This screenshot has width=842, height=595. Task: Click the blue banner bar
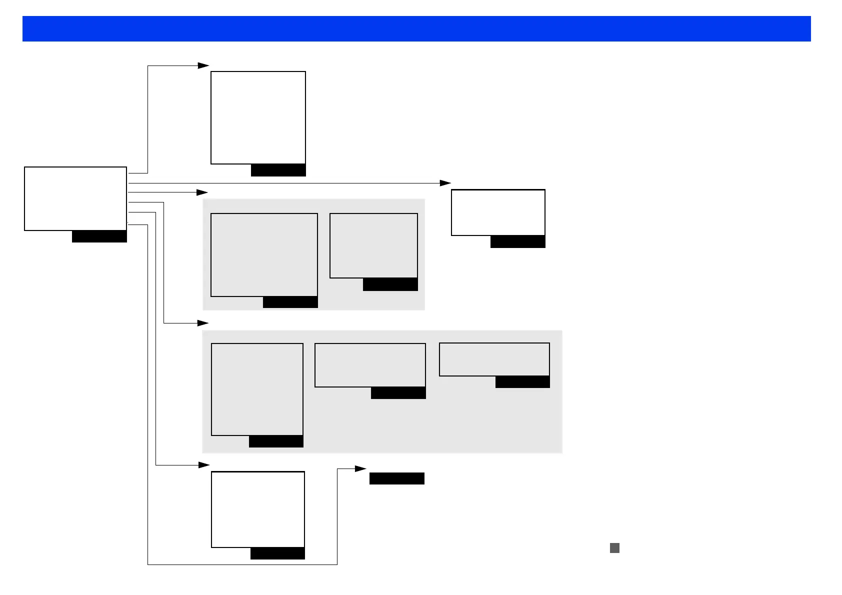[x=416, y=28]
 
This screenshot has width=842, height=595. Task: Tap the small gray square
[x=614, y=548]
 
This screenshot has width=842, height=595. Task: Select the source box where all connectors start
[x=75, y=198]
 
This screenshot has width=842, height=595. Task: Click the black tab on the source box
[x=99, y=236]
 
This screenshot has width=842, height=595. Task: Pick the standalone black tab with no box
[x=396, y=478]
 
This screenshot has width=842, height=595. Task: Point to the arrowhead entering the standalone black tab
[x=361, y=468]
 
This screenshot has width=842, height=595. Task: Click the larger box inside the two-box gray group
[x=264, y=254]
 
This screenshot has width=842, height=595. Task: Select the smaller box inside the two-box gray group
[x=373, y=245]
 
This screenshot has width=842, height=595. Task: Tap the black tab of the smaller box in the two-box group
[x=390, y=284]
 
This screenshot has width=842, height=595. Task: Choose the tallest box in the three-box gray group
[x=257, y=389]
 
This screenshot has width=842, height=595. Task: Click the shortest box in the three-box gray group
[x=494, y=359]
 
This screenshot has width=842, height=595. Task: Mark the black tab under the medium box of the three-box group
[x=398, y=393]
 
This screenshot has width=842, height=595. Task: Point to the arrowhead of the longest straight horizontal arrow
[x=445, y=183]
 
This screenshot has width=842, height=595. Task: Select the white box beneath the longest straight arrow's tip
[x=498, y=212]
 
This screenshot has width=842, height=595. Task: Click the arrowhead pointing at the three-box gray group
[x=203, y=323]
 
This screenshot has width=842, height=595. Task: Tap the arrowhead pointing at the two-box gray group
[x=202, y=192]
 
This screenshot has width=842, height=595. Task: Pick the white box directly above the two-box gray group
[x=258, y=117]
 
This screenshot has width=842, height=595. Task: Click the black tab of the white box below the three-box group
[x=277, y=553]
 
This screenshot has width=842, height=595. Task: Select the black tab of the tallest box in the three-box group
[x=276, y=441]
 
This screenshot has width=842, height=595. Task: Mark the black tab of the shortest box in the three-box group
[x=522, y=382]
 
